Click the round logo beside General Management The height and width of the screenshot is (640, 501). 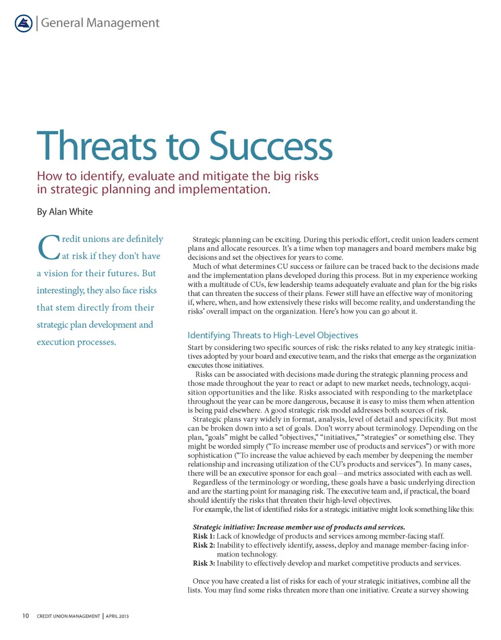point(22,23)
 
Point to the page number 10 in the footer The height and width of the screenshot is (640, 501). point(25,617)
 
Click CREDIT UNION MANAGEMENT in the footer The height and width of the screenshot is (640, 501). point(68,617)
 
